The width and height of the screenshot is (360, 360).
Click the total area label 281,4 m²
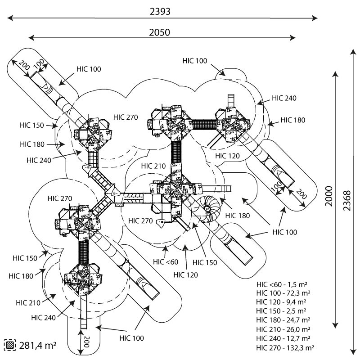pyautogui.click(x=38, y=346)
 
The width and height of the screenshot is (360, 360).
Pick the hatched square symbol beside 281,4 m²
pyautogui.click(x=9, y=346)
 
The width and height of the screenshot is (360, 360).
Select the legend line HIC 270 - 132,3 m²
pyautogui.click(x=285, y=347)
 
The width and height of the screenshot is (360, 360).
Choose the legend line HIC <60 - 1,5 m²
pyautogui.click(x=282, y=284)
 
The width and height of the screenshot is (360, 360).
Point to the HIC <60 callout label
pyautogui.click(x=166, y=262)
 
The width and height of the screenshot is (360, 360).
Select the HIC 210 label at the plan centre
pyautogui.click(x=153, y=166)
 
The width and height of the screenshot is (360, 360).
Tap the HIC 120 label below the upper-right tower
pyautogui.click(x=227, y=156)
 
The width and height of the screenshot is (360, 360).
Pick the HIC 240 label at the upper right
pyautogui.click(x=284, y=98)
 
